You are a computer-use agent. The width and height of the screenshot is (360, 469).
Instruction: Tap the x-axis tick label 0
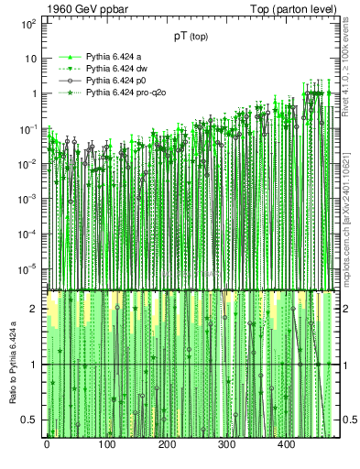pyautogui.click(x=47, y=444)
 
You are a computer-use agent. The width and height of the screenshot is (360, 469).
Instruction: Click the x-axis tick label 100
pyautogui.click(x=106, y=444)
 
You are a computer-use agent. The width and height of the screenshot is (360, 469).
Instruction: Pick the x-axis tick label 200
pyautogui.click(x=167, y=444)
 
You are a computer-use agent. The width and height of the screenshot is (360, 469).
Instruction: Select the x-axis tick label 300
pyautogui.click(x=226, y=444)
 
